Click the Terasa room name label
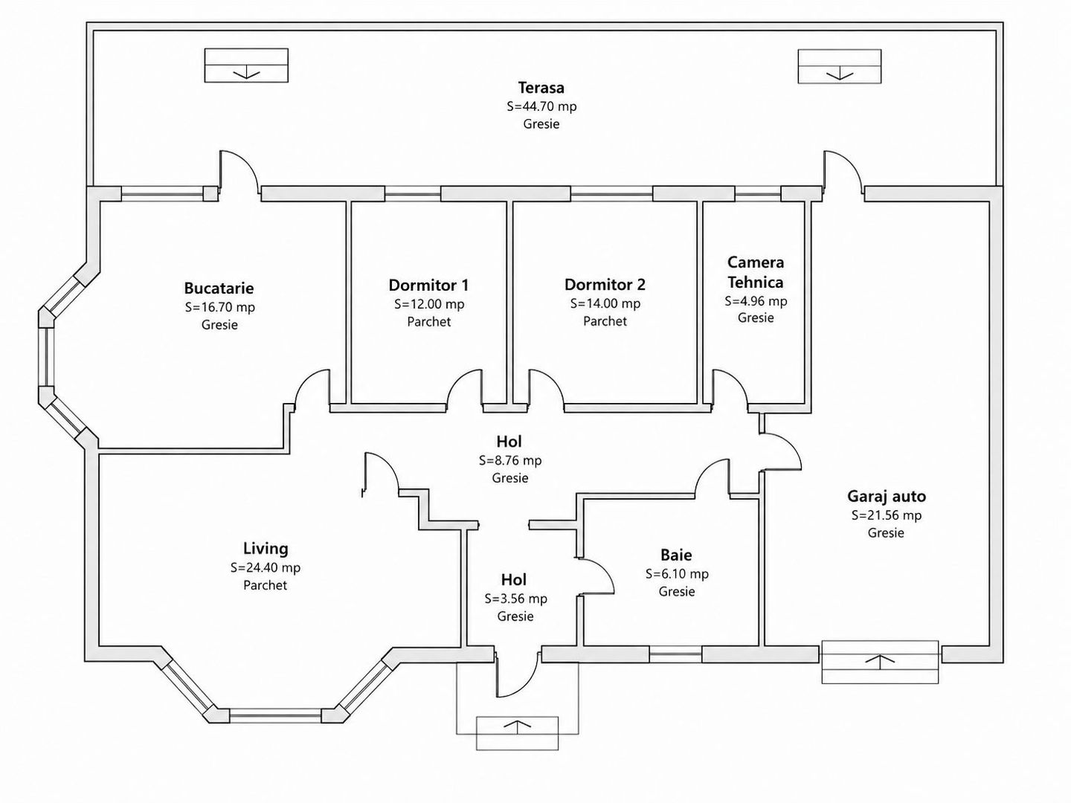click(541, 88)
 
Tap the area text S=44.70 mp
click(541, 106)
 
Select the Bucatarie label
click(219, 288)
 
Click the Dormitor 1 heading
click(428, 285)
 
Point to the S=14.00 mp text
click(605, 303)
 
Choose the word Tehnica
click(756, 283)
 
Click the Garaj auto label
click(886, 497)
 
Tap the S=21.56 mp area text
click(886, 515)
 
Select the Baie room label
click(676, 555)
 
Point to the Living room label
click(266, 549)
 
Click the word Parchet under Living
click(265, 585)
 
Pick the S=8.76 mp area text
click(510, 460)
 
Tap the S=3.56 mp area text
click(515, 599)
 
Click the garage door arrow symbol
click(880, 661)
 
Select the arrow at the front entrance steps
click(517, 725)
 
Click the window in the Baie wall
click(675, 654)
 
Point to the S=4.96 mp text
click(756, 301)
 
